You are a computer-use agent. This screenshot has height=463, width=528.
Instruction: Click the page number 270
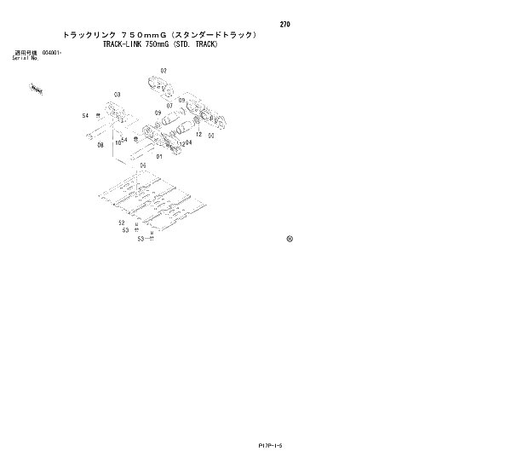tap(284, 24)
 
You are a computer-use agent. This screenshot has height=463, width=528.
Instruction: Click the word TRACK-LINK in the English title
tap(124, 43)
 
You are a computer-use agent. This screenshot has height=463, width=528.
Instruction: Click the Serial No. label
tap(25, 58)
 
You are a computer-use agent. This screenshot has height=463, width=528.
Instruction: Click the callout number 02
tap(164, 70)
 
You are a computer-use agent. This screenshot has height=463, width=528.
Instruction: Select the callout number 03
tap(117, 94)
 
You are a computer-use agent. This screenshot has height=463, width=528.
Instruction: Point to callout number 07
tap(169, 106)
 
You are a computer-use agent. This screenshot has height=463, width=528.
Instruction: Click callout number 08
tap(100, 145)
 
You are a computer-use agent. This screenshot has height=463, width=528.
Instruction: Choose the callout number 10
tap(118, 143)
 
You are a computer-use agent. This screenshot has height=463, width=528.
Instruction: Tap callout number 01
tap(159, 156)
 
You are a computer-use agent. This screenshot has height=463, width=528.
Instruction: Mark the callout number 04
tap(188, 142)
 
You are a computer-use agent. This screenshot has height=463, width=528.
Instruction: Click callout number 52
tap(122, 223)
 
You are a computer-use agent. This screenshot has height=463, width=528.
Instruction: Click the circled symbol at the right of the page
tap(290, 238)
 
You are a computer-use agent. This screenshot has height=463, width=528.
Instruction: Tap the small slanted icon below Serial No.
tap(36, 87)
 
